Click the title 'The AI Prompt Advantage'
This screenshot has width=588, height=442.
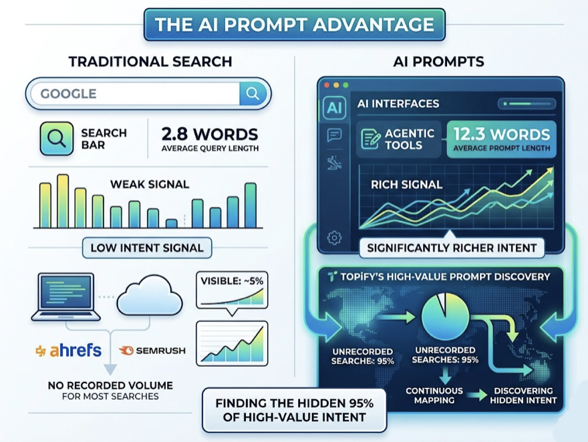[294, 25]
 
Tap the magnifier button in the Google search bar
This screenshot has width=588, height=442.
[253, 93]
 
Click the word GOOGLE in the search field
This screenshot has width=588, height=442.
[68, 93]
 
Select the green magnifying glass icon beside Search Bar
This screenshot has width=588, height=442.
[57, 139]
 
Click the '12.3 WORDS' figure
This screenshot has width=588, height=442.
[501, 134]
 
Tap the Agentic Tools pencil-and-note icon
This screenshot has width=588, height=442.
[370, 140]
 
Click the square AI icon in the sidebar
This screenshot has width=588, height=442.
[333, 109]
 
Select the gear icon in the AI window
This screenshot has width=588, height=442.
[333, 238]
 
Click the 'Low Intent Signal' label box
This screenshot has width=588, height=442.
[146, 248]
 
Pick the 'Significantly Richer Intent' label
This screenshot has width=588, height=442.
[452, 248]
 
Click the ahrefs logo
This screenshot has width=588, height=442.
[69, 351]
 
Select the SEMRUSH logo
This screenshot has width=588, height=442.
[152, 351]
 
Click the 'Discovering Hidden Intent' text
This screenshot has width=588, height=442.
[523, 395]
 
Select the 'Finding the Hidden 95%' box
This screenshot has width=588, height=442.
[294, 410]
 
